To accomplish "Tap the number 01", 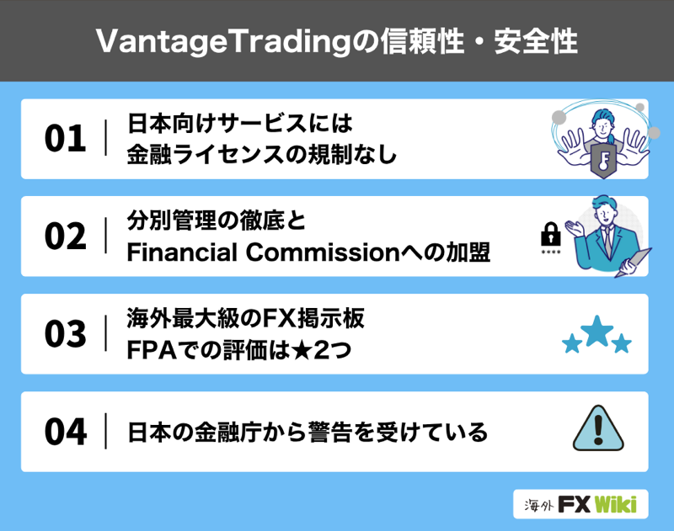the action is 66,139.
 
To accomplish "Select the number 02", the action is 66,236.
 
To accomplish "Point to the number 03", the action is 66,333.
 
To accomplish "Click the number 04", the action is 66,432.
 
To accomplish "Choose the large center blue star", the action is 596,331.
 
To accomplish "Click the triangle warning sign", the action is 597,428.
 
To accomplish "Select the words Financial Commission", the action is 264,252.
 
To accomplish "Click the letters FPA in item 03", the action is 152,350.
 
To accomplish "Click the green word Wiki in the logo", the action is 616,504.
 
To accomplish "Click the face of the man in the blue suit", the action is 603,210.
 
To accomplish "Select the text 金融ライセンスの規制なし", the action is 262,155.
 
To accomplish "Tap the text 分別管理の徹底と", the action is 217,220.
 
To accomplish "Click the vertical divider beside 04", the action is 106,431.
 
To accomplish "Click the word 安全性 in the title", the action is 536,41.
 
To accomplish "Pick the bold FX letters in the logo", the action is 575,504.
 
